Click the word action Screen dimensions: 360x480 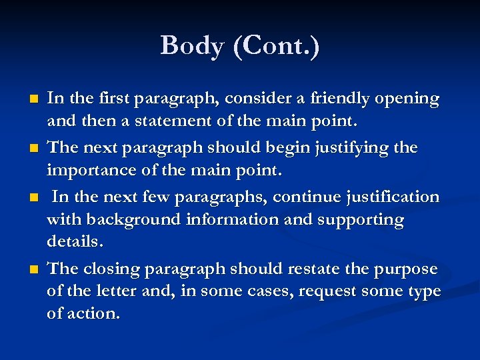point(93,314)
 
